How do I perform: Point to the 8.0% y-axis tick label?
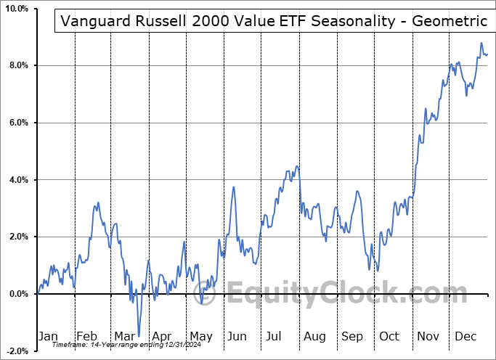point(17,65)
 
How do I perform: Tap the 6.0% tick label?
point(17,123)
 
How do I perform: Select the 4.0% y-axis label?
point(17,179)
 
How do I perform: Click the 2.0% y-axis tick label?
point(17,237)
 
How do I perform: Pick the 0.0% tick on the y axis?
point(17,293)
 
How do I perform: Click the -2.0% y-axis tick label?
point(15,351)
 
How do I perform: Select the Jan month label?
point(48,336)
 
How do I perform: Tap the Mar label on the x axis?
point(124,336)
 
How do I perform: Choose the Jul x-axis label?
point(275,336)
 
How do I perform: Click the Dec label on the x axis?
point(465,336)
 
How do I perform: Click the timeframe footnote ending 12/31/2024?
point(127,344)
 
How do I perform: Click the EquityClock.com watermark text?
point(334,294)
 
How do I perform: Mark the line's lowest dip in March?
point(138,336)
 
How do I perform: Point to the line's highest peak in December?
point(481,44)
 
